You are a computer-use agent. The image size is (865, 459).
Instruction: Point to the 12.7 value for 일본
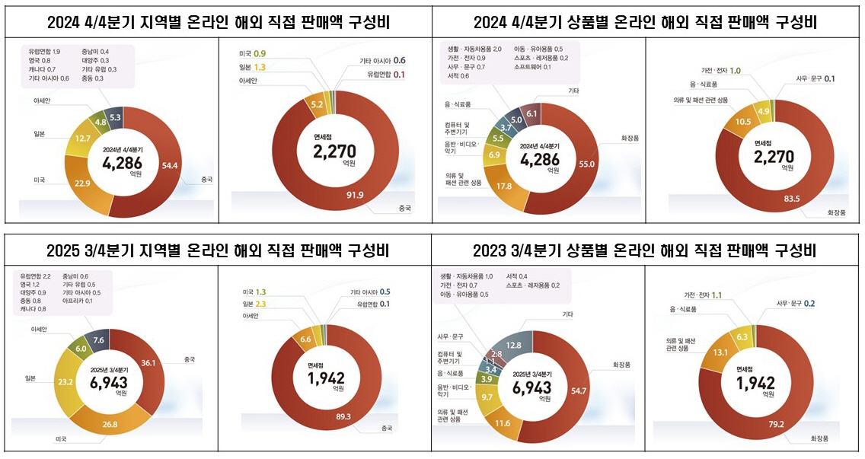click(x=85, y=138)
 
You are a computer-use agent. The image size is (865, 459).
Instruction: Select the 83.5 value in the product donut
click(x=774, y=199)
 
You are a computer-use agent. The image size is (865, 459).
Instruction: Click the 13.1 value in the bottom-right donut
click(x=720, y=352)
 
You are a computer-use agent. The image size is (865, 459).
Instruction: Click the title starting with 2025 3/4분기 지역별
click(x=217, y=250)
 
